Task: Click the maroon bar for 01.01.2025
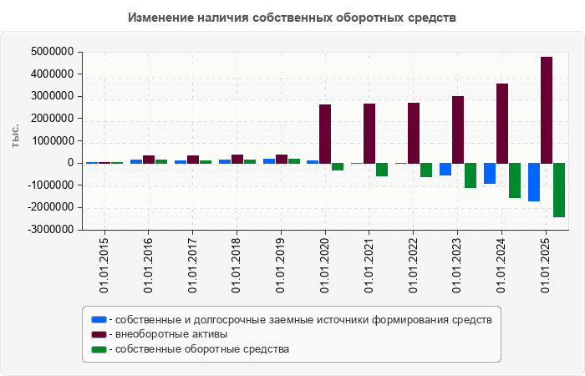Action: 547,109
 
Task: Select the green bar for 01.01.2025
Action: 559,190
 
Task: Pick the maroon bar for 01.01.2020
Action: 325,134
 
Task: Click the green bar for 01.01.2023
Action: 471,175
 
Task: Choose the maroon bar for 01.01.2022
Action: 414,133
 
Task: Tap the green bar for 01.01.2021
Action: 382,170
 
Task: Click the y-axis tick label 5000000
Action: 49,52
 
